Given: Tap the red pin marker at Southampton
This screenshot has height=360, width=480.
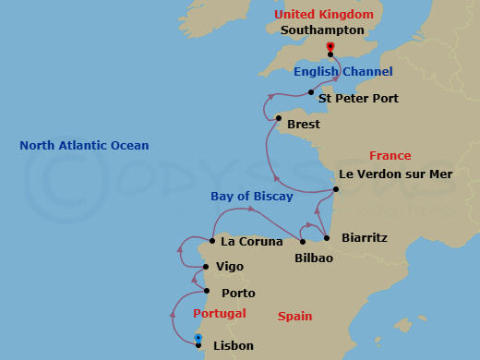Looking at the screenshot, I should click(330, 47).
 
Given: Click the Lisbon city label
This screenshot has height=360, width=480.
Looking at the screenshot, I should click(233, 346).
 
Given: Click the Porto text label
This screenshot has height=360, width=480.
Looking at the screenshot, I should click(238, 294).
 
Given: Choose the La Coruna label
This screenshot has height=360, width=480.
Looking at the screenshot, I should click(252, 242).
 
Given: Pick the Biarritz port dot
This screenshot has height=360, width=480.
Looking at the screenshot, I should click(327, 238).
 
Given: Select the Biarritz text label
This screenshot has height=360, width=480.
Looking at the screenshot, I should click(365, 237).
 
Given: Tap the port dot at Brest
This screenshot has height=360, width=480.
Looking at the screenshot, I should click(279, 118).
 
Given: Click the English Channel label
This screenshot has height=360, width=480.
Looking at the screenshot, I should click(342, 72).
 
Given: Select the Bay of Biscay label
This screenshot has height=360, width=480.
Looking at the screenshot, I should click(251, 196).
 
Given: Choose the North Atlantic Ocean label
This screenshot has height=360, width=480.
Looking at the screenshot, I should click(84, 146).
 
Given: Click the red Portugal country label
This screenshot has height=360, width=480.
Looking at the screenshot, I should click(219, 314).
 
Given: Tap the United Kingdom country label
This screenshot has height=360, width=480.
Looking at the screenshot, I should click(324, 14).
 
